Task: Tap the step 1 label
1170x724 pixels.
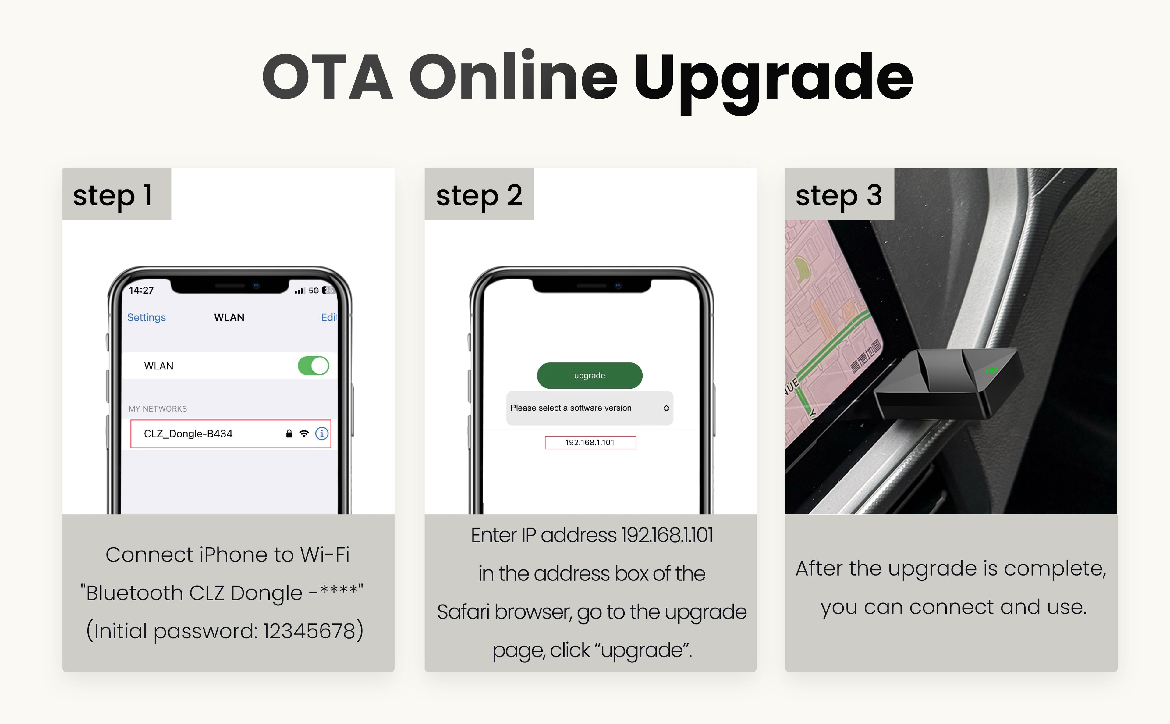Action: click(x=113, y=195)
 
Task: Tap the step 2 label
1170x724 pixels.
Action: click(x=479, y=195)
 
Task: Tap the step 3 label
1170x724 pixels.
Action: click(x=839, y=195)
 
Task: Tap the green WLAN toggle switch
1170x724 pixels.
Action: click(x=314, y=366)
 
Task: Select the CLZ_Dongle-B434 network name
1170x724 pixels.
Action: click(x=188, y=434)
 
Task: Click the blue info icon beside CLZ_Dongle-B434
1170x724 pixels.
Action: click(x=321, y=434)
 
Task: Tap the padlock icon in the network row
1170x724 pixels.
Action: click(x=289, y=434)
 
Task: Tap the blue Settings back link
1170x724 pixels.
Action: click(x=147, y=317)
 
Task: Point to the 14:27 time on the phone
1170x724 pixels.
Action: click(x=141, y=290)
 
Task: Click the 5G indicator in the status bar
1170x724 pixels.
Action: click(x=314, y=291)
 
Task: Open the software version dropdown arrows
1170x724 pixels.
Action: click(x=666, y=408)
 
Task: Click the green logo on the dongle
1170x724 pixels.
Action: click(x=991, y=370)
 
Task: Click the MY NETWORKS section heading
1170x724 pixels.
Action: click(x=158, y=409)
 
